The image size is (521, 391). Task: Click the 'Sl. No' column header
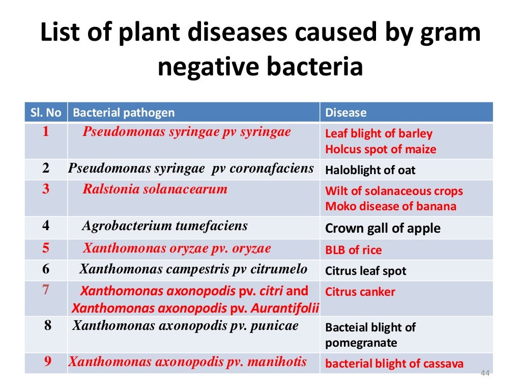tap(46, 113)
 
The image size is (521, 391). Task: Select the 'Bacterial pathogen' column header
tap(124, 113)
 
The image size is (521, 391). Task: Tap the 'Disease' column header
tap(345, 113)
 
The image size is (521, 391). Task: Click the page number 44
tap(484, 374)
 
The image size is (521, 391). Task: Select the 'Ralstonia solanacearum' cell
tap(155, 189)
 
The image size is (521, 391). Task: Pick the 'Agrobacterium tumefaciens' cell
tap(164, 226)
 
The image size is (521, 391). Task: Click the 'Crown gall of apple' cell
tap(383, 229)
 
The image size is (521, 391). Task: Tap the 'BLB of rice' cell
tap(353, 250)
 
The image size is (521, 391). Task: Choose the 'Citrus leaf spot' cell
tap(365, 271)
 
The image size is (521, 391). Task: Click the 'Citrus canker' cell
tap(360, 292)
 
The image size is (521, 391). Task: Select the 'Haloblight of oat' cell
tap(370, 170)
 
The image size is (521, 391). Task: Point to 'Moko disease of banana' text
tap(390, 206)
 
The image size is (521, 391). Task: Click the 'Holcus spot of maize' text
tap(380, 149)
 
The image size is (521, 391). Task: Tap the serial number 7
tap(46, 290)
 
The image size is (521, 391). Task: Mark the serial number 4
tap(46, 226)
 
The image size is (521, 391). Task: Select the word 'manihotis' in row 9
tap(277, 361)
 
